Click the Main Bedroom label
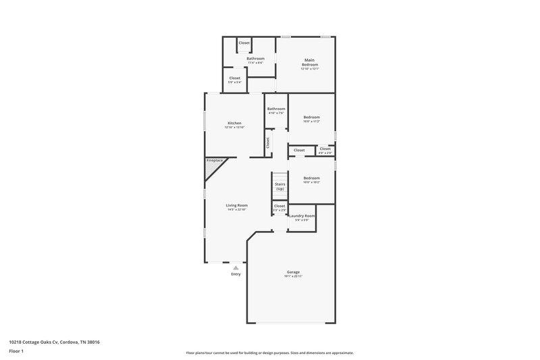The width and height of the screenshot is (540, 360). [309, 62]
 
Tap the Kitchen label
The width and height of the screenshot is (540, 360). [234, 123]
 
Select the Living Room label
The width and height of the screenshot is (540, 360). [236, 205]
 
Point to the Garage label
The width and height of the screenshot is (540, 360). [293, 272]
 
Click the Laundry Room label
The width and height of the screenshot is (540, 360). [302, 215]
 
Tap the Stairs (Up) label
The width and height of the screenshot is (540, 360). [279, 186]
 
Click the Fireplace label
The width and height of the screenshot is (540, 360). [215, 161]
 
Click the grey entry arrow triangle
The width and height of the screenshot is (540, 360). [236, 267]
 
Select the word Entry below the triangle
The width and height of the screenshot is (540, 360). [236, 274]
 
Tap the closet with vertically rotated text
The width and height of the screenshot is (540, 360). [268, 143]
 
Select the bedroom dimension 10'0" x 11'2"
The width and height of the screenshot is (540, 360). [311, 122]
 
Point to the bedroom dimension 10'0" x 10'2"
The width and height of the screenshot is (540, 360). [311, 182]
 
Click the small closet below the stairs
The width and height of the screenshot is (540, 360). [279, 208]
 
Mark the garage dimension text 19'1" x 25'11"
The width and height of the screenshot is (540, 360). [293, 276]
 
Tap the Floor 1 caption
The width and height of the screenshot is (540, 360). [16, 352]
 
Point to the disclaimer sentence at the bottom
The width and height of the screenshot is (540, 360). [269, 353]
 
